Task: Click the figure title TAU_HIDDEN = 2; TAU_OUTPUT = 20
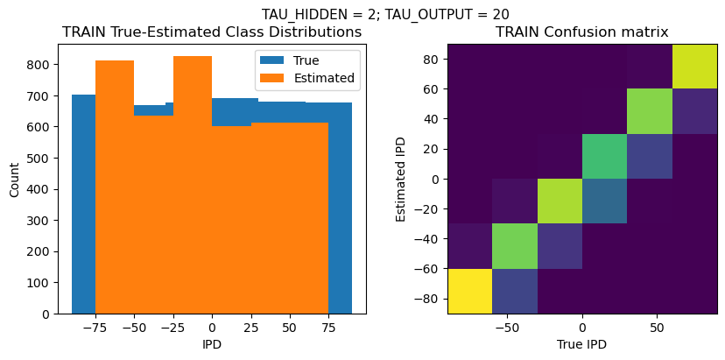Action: click(x=385, y=14)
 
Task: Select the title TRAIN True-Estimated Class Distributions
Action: click(x=212, y=32)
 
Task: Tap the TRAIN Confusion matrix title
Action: click(x=581, y=32)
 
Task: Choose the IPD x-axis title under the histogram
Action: click(x=212, y=344)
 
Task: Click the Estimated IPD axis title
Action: click(x=402, y=179)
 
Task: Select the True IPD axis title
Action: click(x=581, y=344)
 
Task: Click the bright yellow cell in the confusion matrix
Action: click(x=468, y=291)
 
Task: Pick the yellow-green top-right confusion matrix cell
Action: click(x=694, y=67)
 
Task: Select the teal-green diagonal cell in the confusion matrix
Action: click(x=604, y=156)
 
